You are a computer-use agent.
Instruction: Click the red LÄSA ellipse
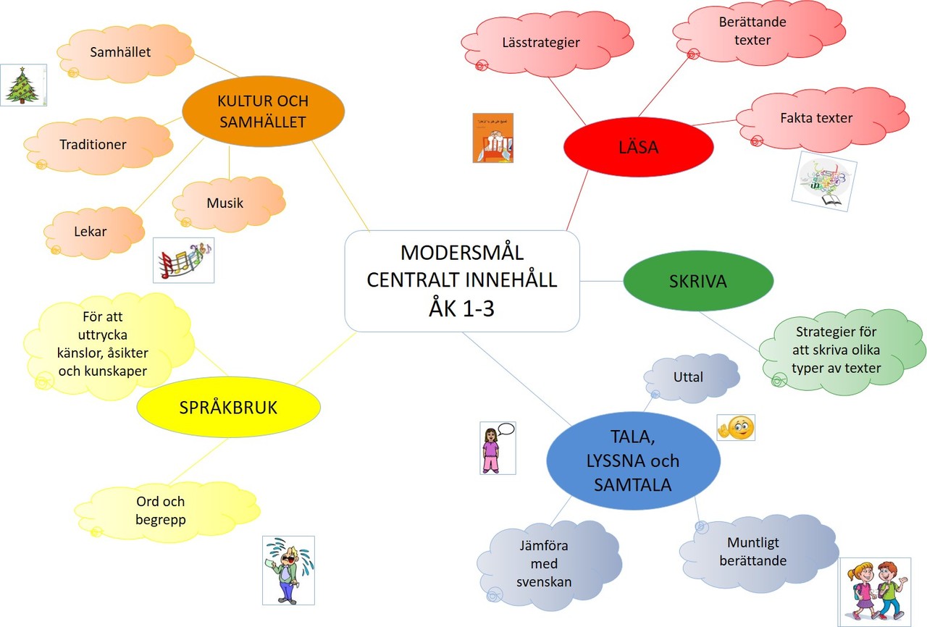click(x=638, y=147)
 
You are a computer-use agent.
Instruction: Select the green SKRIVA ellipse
click(x=697, y=281)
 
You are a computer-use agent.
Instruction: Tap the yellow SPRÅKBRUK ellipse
click(x=228, y=408)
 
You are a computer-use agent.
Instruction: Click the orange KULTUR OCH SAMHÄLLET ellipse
click(x=261, y=112)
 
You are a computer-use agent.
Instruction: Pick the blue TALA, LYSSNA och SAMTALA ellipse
click(x=632, y=460)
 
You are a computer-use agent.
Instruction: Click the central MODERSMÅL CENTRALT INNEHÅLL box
click(x=462, y=281)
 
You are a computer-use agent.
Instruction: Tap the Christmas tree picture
click(x=23, y=85)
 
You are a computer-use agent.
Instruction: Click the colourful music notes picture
click(x=184, y=261)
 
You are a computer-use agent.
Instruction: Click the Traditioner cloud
click(x=94, y=144)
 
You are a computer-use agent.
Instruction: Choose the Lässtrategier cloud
click(x=540, y=43)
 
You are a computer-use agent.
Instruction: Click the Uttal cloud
click(x=689, y=377)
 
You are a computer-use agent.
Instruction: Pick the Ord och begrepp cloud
click(x=161, y=510)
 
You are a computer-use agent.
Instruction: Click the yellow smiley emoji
click(x=735, y=427)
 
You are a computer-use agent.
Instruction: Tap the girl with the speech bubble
click(x=497, y=447)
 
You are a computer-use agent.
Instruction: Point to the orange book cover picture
click(x=492, y=137)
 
